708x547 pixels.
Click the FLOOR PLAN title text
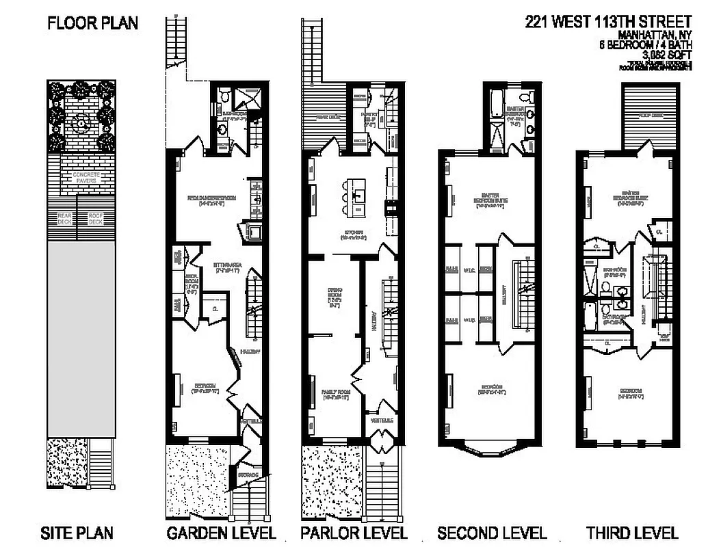click(92, 23)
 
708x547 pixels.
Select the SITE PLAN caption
click(77, 533)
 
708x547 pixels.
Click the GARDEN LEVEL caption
click(221, 533)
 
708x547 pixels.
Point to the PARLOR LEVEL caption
click(354, 533)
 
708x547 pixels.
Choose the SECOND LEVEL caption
click(493, 533)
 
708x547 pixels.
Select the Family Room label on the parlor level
click(331, 395)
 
